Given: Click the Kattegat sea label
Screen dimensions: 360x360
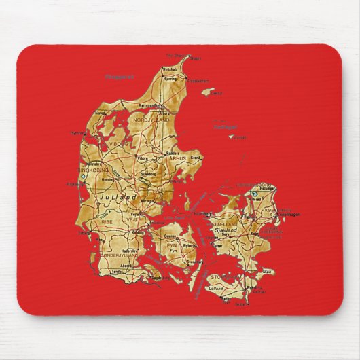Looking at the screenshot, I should pyautogui.click(x=226, y=126).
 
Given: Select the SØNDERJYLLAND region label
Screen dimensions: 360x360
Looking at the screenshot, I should pyautogui.click(x=120, y=255).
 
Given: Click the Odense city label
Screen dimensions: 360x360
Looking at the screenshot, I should pyautogui.click(x=170, y=236).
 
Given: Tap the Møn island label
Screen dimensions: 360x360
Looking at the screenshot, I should pyautogui.click(x=268, y=272).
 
